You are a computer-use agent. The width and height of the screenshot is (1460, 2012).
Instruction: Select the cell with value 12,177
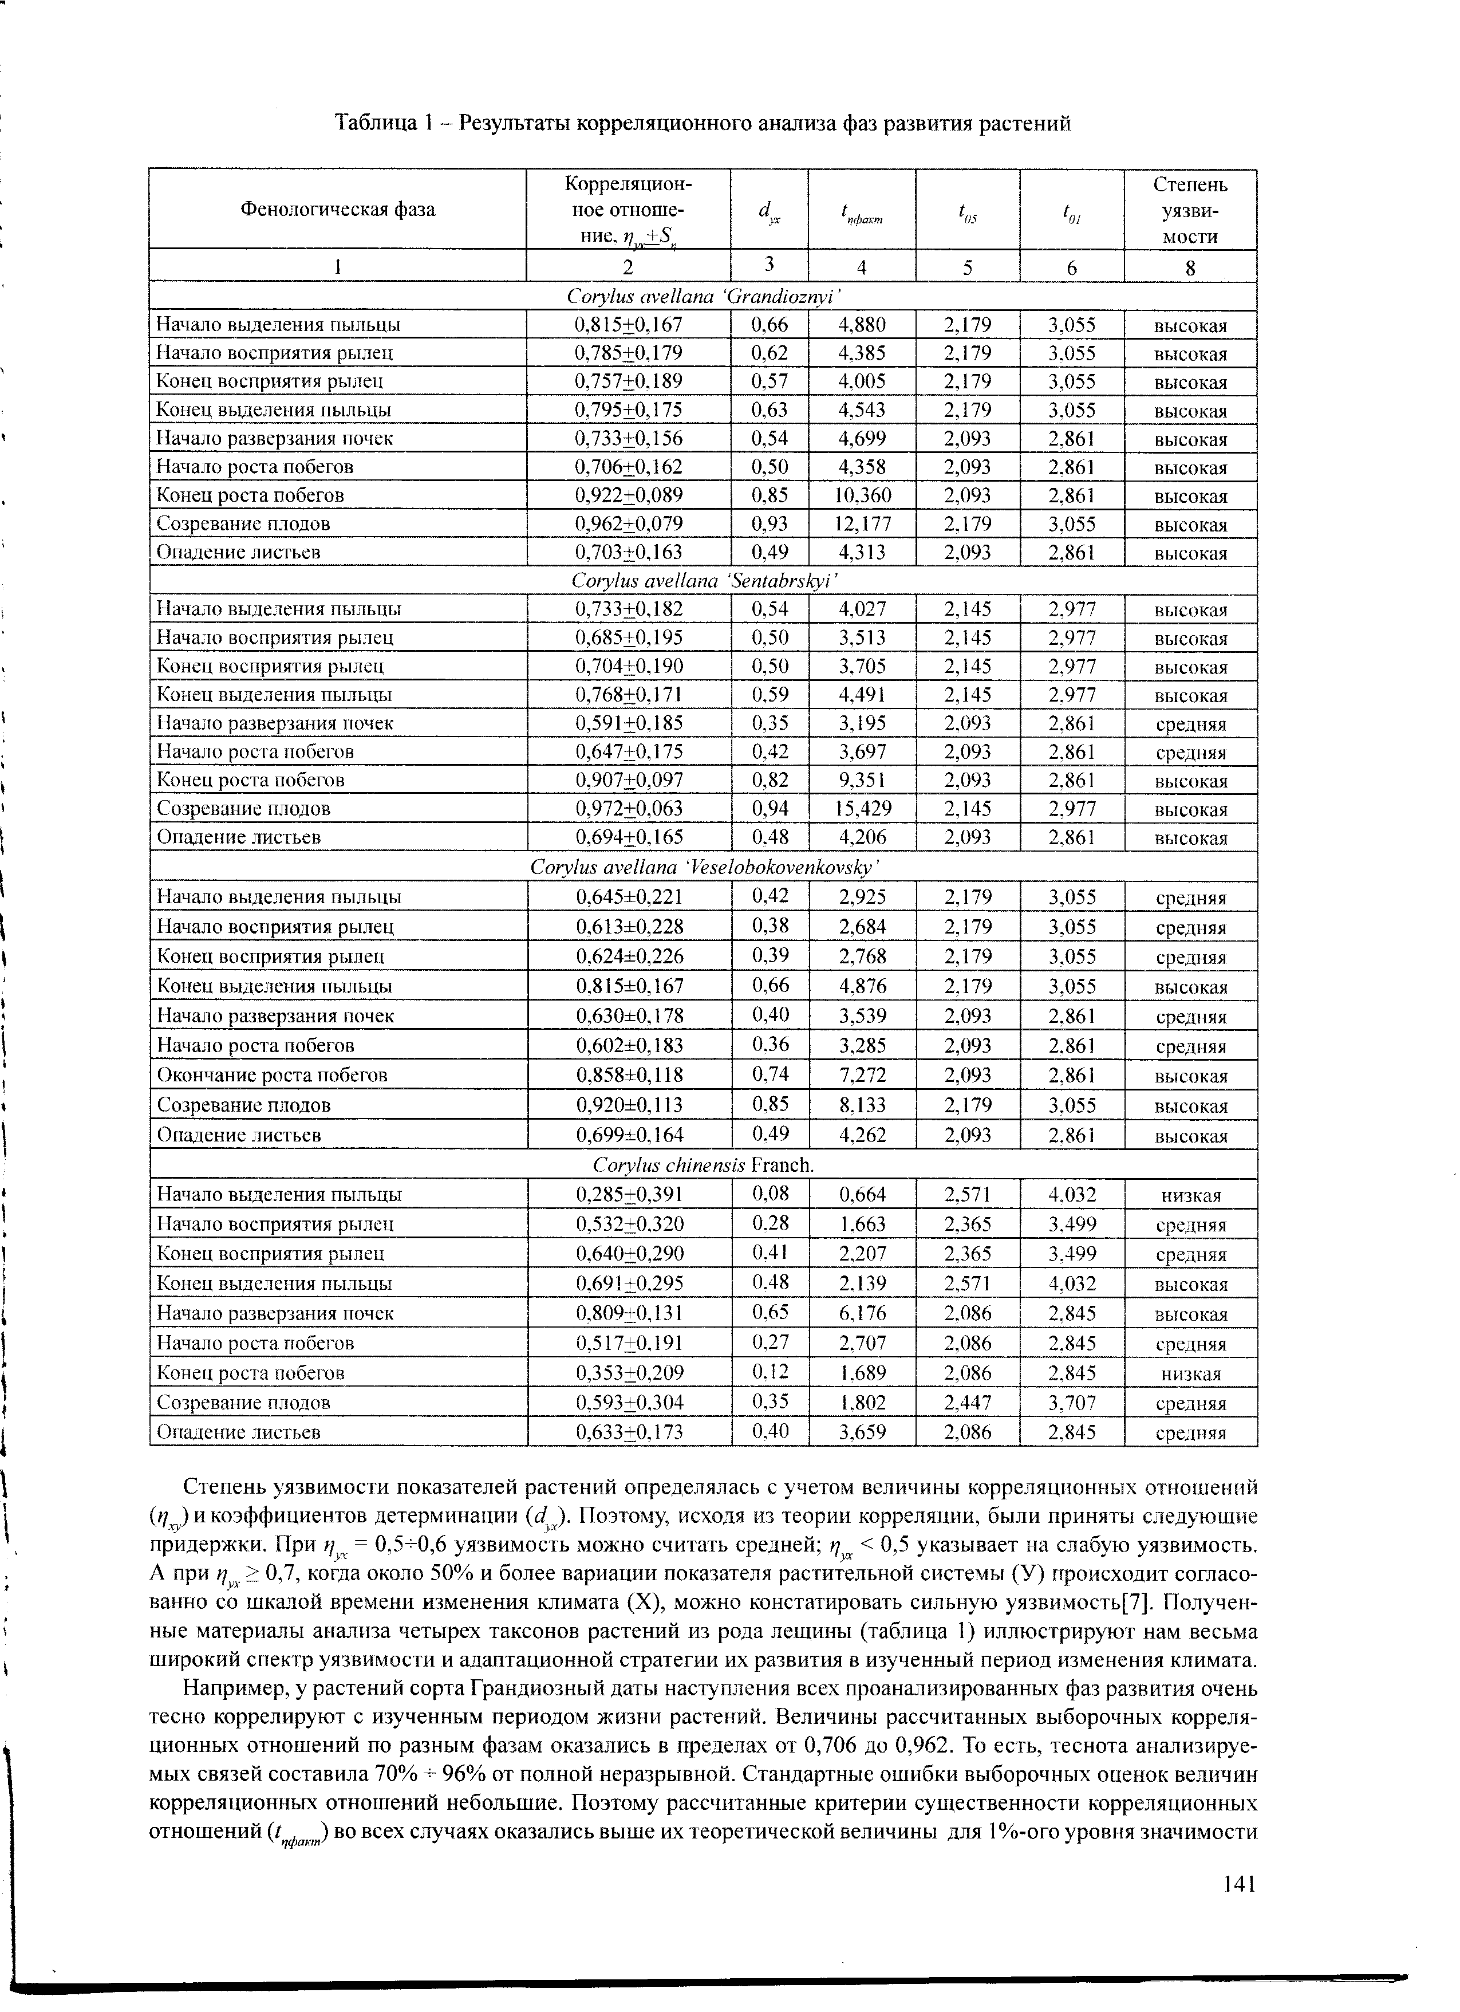click(862, 523)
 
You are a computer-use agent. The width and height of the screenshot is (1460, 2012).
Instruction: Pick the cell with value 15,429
click(862, 808)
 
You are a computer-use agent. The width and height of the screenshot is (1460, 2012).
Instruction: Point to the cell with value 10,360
click(862, 495)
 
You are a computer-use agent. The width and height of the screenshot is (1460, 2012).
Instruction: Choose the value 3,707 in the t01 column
click(1071, 1403)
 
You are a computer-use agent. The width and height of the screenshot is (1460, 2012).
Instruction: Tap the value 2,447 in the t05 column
click(968, 1403)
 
